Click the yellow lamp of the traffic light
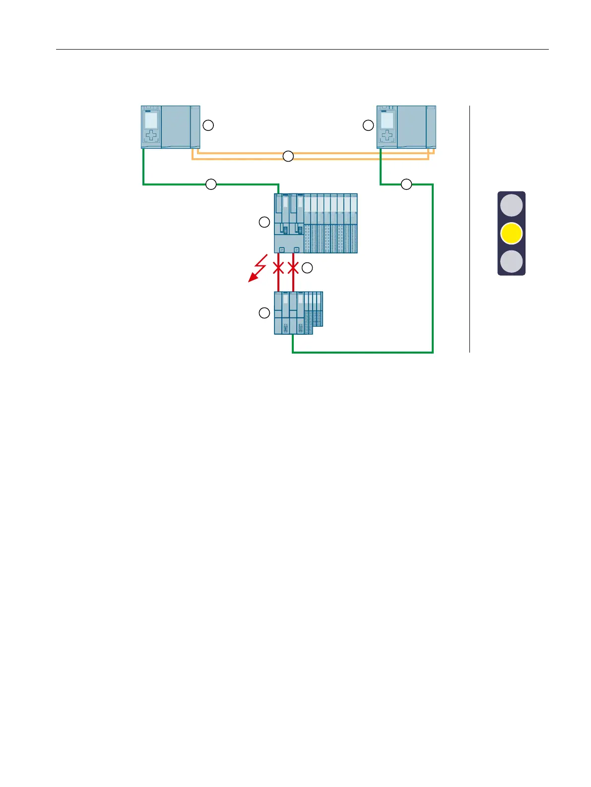(x=511, y=234)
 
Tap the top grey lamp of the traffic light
(x=511, y=205)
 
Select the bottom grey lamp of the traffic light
(x=511, y=261)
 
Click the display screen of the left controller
(x=151, y=121)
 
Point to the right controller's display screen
(x=387, y=121)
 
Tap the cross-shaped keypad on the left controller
(x=151, y=136)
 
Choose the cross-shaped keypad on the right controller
(x=387, y=136)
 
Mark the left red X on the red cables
(x=278, y=268)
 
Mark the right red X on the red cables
(x=293, y=268)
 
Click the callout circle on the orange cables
(x=288, y=156)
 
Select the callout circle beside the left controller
(x=208, y=125)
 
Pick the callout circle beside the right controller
(x=368, y=125)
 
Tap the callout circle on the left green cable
(x=211, y=184)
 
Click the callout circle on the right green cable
(x=406, y=184)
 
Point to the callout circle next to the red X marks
(x=308, y=268)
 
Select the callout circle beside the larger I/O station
(x=264, y=223)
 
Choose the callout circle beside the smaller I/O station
(x=264, y=313)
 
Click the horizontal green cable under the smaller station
(x=362, y=352)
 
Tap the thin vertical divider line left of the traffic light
(x=469, y=228)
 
